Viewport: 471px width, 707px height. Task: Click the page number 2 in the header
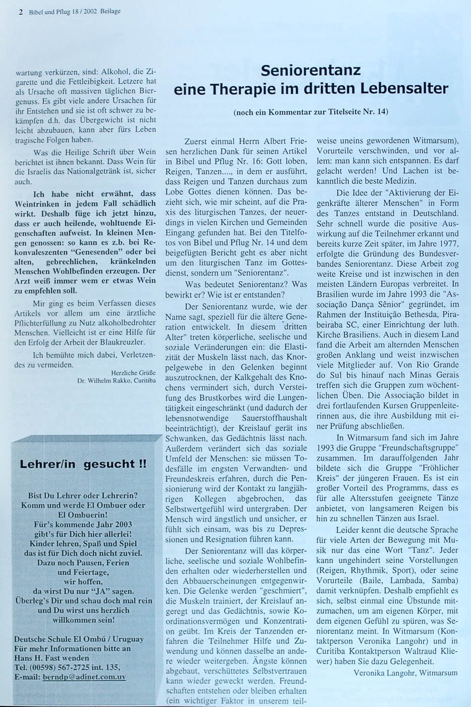21,11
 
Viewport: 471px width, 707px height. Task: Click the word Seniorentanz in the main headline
310,70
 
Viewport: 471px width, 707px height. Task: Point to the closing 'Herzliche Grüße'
134,373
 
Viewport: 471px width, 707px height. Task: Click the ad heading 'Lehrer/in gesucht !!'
83,464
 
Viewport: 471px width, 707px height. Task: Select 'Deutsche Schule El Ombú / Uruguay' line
79,639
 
